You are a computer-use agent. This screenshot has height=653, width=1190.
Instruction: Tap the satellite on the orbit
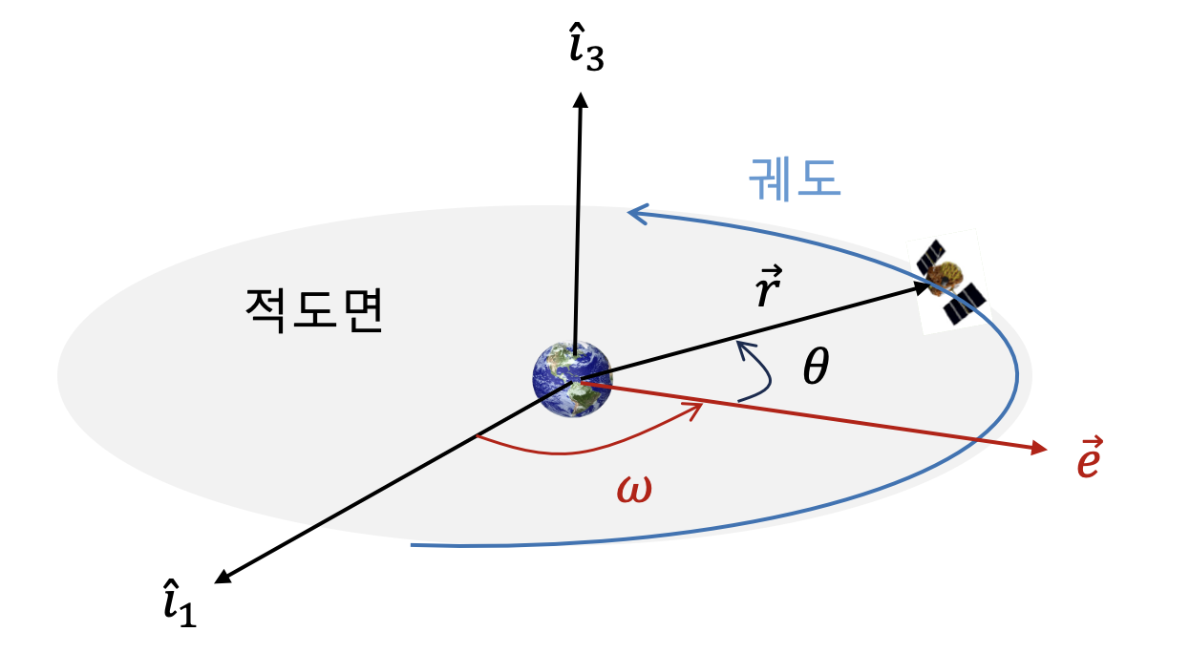click(x=949, y=281)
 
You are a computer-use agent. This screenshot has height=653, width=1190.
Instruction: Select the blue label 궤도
click(x=796, y=177)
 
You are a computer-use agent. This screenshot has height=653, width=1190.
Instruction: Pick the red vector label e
click(x=1089, y=459)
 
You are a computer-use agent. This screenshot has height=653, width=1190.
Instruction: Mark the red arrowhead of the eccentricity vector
click(x=1039, y=448)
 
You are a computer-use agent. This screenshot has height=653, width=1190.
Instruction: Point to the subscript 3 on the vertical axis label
click(x=593, y=60)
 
